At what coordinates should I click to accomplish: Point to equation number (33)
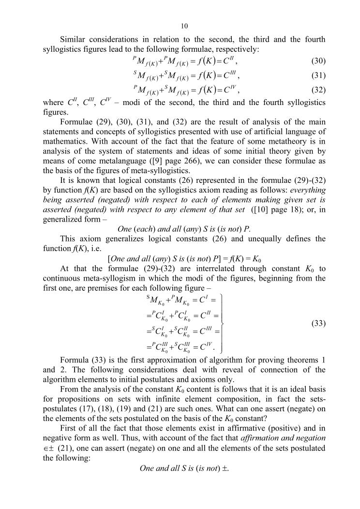pyautogui.click(x=318, y=323)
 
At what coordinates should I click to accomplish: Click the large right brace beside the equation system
pyautogui.click(x=223, y=322)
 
